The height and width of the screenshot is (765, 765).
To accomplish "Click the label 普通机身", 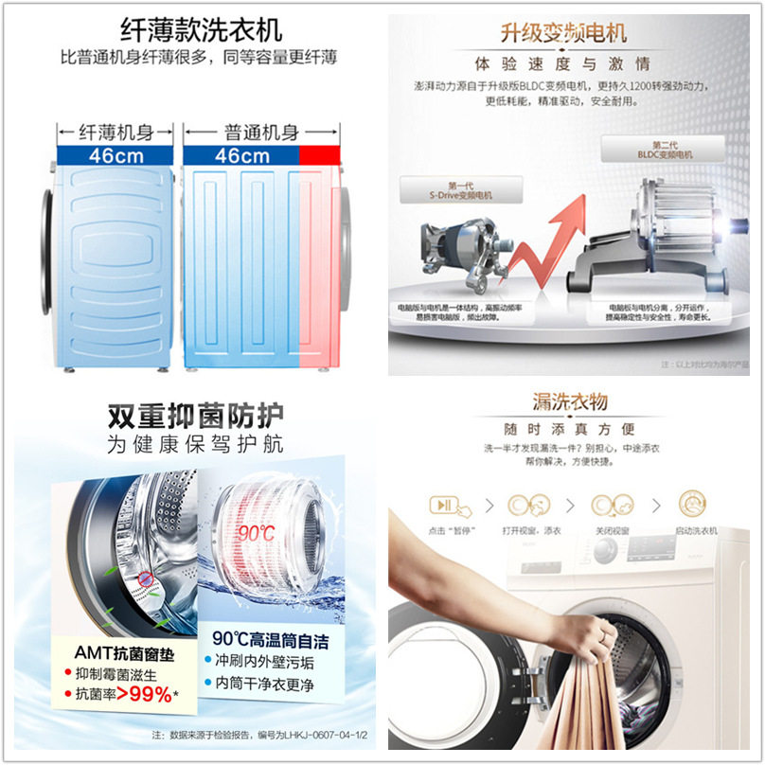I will coord(261,133).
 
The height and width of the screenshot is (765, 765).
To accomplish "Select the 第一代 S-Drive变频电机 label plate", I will coord(460,191).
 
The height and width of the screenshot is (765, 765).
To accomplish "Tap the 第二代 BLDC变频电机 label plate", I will coord(663,149).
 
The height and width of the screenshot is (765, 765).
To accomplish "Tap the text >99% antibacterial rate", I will coord(144,695).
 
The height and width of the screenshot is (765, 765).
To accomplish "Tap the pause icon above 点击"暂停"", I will coord(441,504).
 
